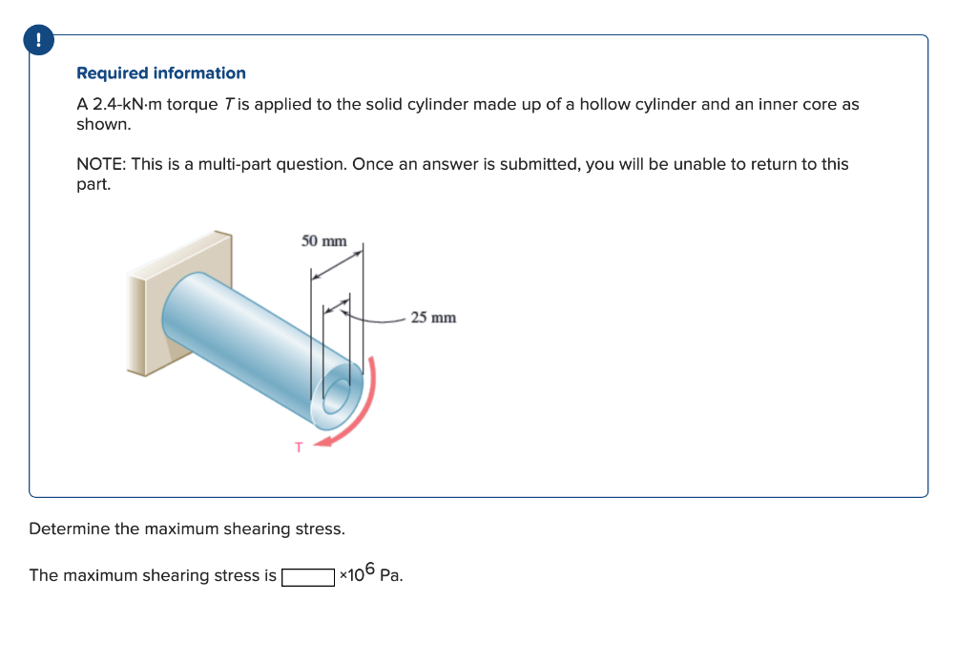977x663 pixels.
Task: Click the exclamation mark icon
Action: [x=38, y=39]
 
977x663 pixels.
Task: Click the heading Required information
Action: [x=160, y=73]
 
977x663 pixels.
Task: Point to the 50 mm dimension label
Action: [x=324, y=240]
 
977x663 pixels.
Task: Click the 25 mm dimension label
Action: [x=433, y=318]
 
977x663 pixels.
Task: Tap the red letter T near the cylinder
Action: [x=298, y=446]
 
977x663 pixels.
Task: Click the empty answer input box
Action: [x=308, y=576]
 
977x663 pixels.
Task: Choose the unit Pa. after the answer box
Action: [x=391, y=576]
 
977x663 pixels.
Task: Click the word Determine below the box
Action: [x=70, y=528]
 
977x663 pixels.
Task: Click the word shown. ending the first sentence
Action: [x=103, y=125]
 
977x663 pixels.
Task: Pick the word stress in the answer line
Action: [x=232, y=576]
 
